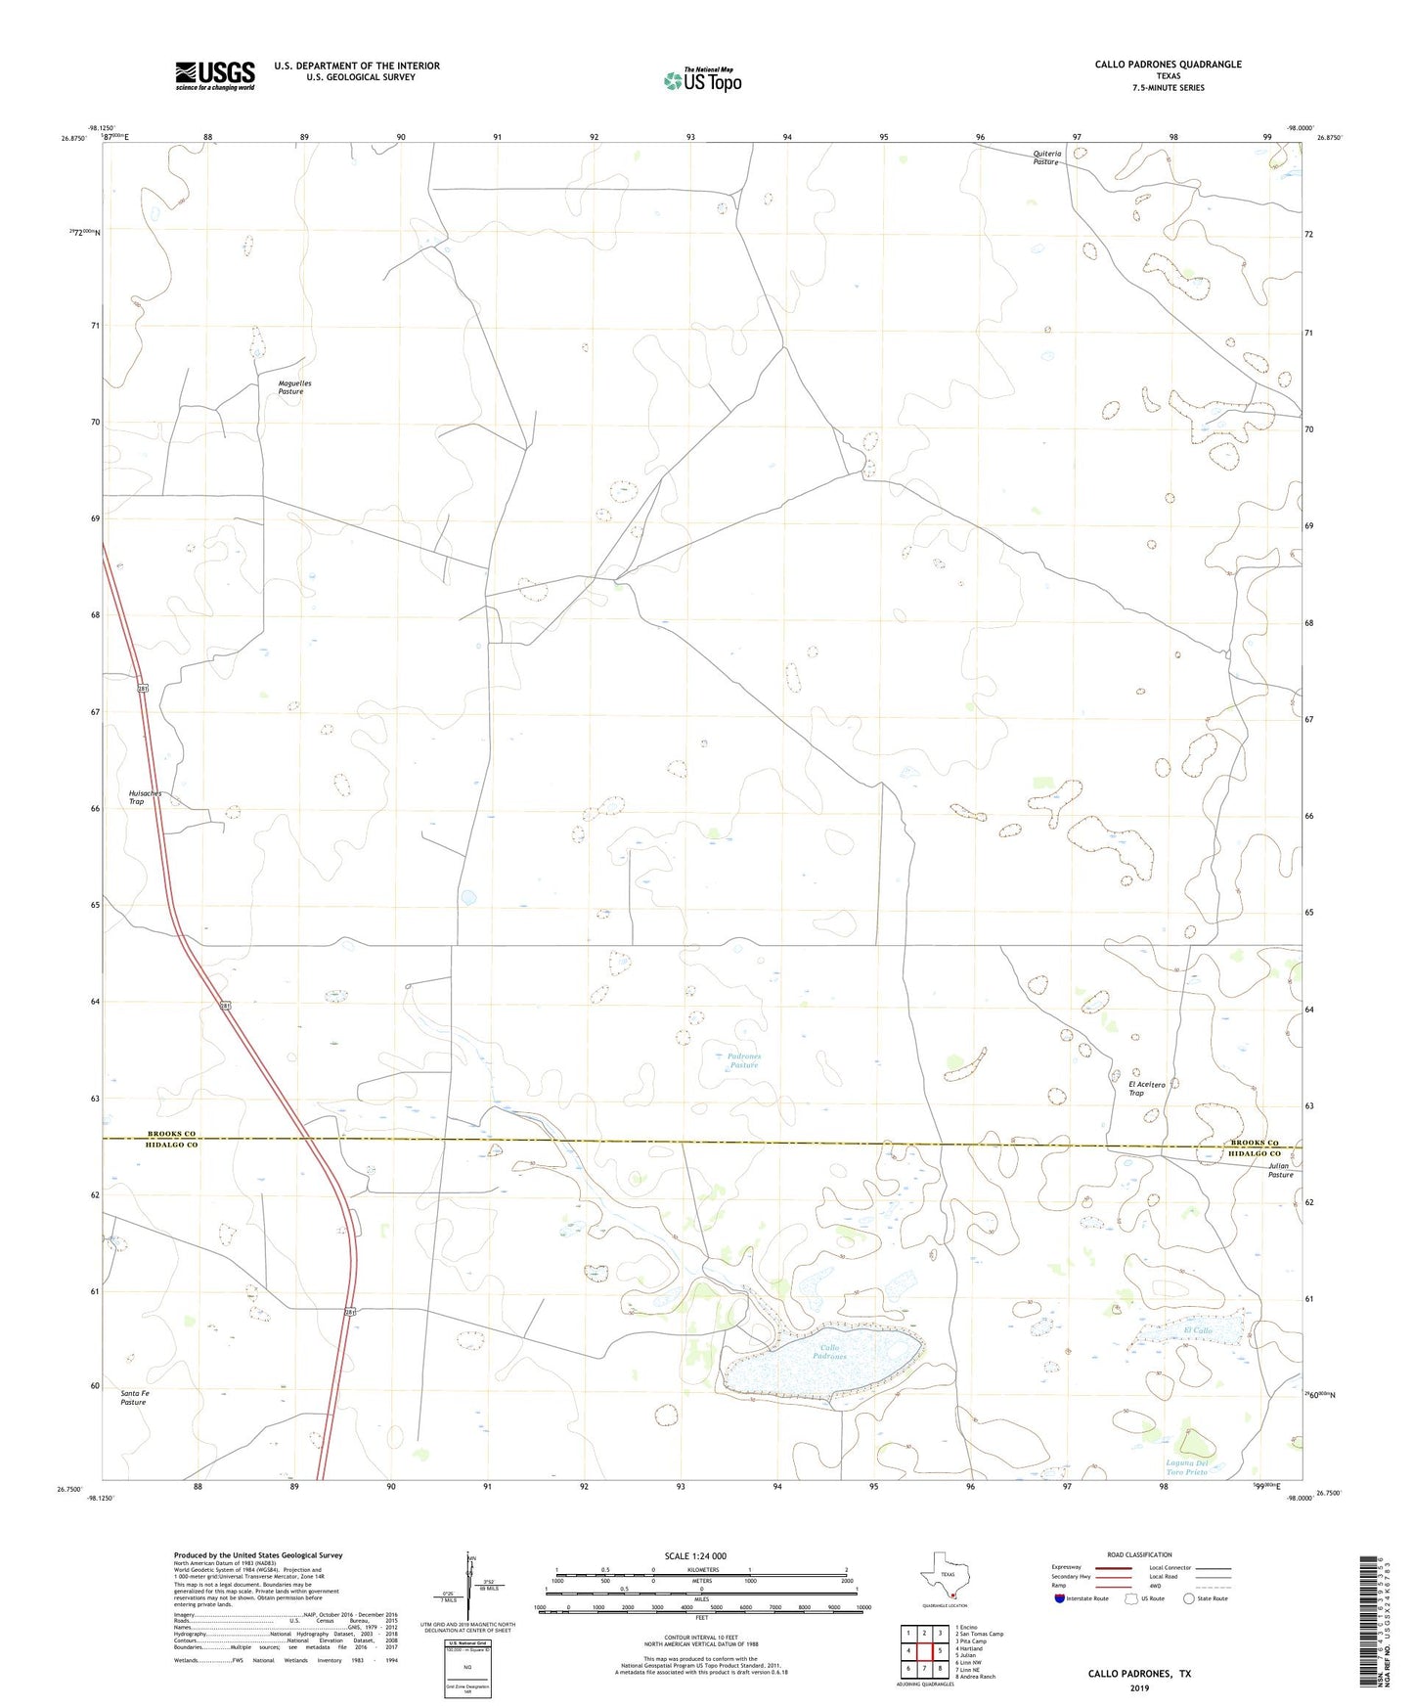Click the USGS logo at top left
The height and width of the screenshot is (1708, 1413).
click(x=215, y=74)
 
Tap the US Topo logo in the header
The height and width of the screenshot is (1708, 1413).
click(x=701, y=80)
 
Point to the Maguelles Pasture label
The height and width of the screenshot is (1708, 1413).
click(x=294, y=387)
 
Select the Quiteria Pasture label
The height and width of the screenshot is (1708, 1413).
click(x=1047, y=157)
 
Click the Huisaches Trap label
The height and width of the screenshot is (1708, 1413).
click(x=144, y=797)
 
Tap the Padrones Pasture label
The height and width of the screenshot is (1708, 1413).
click(x=743, y=1060)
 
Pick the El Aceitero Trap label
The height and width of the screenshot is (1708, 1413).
click(x=1146, y=1088)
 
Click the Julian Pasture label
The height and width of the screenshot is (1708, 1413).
click(x=1280, y=1170)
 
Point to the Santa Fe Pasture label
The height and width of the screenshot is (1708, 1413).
click(x=133, y=1397)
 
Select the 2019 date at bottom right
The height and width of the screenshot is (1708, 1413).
click(x=1139, y=1688)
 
